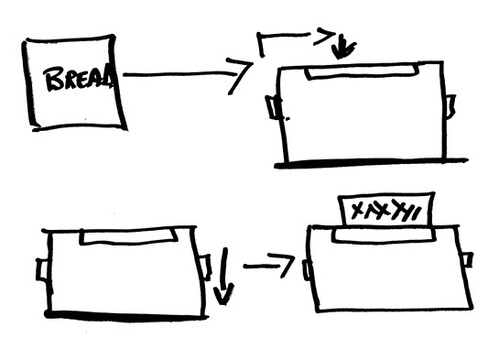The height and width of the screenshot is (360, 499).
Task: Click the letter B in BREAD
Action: tap(54, 79)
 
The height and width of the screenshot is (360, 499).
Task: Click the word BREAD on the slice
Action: tap(80, 78)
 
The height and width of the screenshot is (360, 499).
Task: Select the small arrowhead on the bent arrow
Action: tap(324, 37)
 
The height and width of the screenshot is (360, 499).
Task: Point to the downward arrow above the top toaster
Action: tap(342, 48)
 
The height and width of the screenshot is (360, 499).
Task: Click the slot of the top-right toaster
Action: tap(362, 72)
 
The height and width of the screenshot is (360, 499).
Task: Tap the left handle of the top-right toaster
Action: tap(273, 107)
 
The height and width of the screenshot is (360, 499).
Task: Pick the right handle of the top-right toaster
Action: tap(450, 105)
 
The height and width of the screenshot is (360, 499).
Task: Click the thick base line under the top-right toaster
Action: tap(371, 162)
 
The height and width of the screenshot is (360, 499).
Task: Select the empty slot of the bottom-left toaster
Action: tap(128, 237)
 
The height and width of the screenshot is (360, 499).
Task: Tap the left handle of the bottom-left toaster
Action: tap(43, 270)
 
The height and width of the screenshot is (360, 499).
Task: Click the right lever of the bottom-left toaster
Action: tap(206, 266)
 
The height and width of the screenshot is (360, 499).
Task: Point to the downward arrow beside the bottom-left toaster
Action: tap(224, 277)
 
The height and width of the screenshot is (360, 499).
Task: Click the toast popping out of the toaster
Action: tap(386, 210)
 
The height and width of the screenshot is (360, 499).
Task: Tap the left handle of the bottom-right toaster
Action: tap(307, 270)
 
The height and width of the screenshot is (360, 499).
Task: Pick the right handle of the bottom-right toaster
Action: tap(468, 259)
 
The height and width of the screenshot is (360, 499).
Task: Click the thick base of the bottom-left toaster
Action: tap(126, 315)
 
